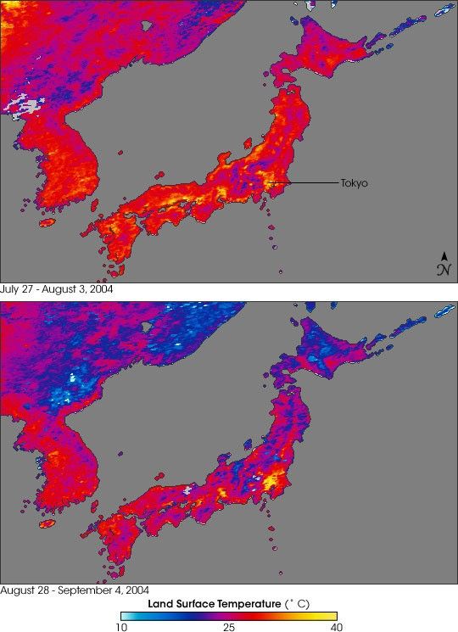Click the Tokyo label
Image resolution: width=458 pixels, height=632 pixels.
355,182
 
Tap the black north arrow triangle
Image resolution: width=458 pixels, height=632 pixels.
444,255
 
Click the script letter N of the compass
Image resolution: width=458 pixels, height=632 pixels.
444,270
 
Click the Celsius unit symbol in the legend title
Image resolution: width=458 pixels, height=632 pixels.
300,602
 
